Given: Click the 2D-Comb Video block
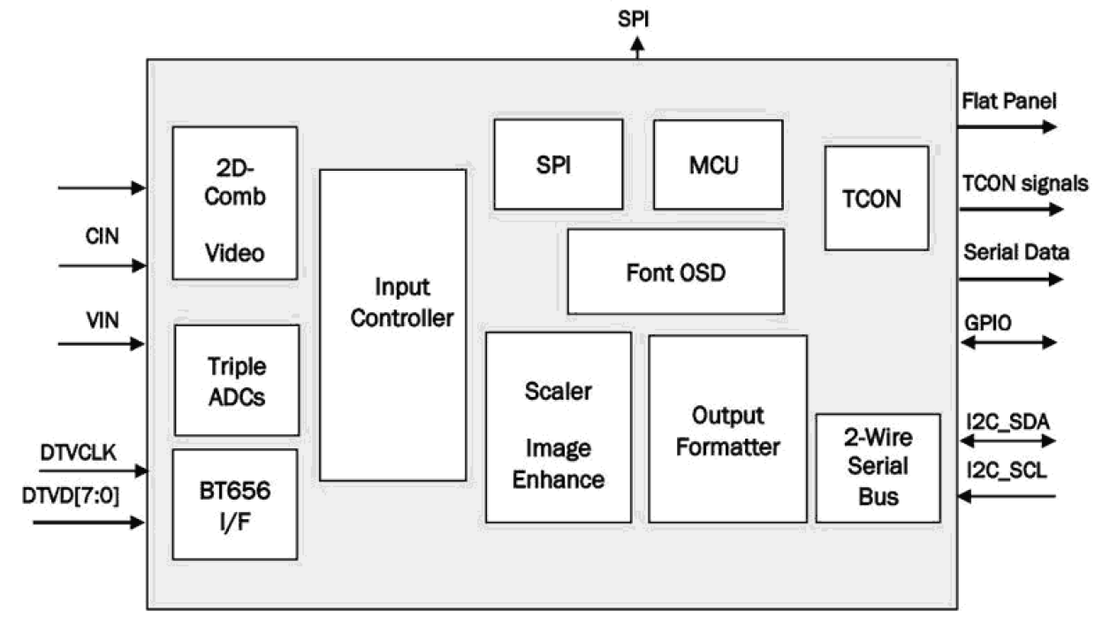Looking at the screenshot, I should tap(234, 203).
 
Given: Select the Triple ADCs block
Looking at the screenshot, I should tap(236, 381).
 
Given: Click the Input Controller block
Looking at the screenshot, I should tap(392, 325).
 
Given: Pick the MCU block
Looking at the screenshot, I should tap(718, 164).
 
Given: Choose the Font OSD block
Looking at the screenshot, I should tap(675, 271).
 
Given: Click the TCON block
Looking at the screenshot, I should tap(876, 198).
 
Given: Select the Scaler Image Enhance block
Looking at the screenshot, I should tap(559, 427).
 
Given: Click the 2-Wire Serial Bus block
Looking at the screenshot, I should tap(878, 467).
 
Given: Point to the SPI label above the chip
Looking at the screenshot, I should tap(635, 19).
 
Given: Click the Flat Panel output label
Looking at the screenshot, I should tap(1008, 102).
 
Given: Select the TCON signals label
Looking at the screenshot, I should tap(1024, 183).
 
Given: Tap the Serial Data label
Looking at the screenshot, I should tap(1015, 252).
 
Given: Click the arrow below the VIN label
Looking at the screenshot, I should tap(102, 344).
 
